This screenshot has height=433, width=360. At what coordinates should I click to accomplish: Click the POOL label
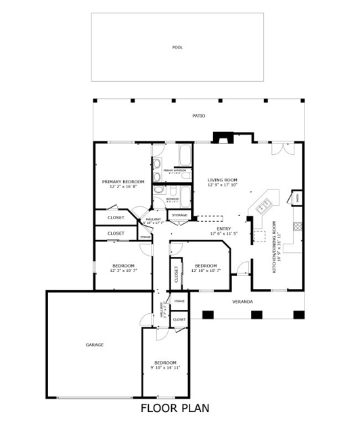coord(177,47)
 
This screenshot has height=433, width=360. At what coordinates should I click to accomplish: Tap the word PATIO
coord(198,116)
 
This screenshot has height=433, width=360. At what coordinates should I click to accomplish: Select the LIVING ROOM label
coord(222,179)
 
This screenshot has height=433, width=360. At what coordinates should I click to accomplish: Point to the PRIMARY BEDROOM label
coord(123,181)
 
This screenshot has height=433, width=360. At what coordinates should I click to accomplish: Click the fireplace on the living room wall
coord(221,138)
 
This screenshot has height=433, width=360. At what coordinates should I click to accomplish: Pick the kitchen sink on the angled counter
coord(264,202)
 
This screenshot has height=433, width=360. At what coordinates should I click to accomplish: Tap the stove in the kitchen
coord(296,226)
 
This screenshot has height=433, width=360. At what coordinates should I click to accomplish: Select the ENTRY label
coord(223,229)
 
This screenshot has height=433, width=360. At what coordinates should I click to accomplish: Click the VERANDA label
coord(242,301)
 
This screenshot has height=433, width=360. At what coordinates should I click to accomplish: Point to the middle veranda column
coord(256,314)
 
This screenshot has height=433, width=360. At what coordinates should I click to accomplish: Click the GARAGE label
coord(94,344)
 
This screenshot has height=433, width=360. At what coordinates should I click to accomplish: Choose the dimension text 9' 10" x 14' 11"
coord(165,368)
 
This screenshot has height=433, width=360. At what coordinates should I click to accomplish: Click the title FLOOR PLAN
coord(175,408)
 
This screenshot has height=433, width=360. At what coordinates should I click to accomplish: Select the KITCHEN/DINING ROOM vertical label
coord(275,247)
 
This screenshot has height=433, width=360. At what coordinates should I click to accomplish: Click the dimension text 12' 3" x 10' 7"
coord(123,271)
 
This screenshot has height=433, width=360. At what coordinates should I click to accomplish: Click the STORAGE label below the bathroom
coord(179,215)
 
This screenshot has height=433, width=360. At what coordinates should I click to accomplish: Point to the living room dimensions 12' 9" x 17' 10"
coord(222,185)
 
